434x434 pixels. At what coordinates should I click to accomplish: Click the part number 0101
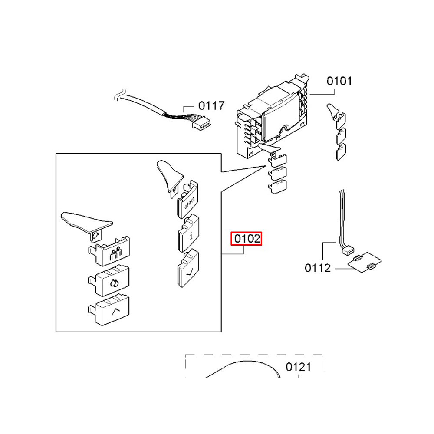[x=339, y=81]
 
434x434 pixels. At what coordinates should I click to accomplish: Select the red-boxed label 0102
[x=247, y=239]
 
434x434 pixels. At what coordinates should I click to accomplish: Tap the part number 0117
[x=211, y=106]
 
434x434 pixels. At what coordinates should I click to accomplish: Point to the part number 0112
[x=318, y=268]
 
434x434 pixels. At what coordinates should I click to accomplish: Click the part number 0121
[x=298, y=367]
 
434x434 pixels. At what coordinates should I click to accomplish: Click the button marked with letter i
[x=188, y=233]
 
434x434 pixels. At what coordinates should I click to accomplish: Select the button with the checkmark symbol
[x=188, y=268]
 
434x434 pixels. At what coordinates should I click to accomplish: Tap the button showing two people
[x=109, y=251]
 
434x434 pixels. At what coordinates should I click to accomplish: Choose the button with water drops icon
[x=109, y=281]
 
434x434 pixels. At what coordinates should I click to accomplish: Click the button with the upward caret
[x=109, y=310]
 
